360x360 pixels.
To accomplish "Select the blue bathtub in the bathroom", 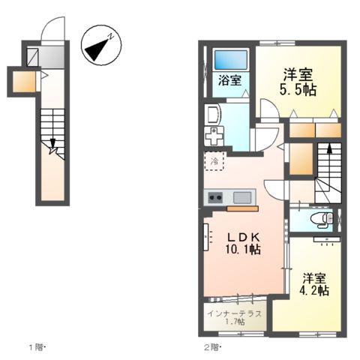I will coord(230,59).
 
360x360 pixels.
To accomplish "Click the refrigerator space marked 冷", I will coord(215,161).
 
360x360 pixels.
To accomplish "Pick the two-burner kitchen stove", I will coord(215,197).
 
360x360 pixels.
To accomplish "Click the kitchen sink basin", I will coord(242,197).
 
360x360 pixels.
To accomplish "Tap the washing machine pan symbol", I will coord(215,138).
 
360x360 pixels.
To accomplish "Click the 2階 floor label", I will coord(213,347).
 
